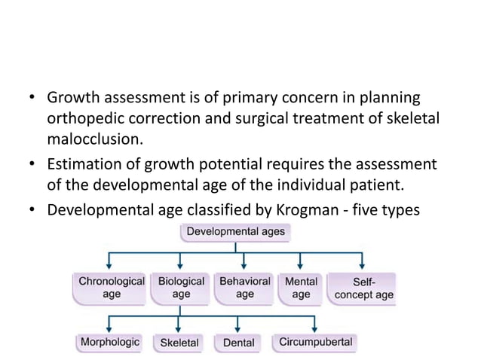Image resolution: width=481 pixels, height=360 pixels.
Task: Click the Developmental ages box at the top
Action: pyautogui.click(x=235, y=231)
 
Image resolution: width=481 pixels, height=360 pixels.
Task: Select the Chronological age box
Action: pyautogui.click(x=112, y=288)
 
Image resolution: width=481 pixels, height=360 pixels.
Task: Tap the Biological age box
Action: pyautogui.click(x=181, y=288)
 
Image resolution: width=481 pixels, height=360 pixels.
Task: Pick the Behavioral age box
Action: pyautogui.click(x=244, y=288)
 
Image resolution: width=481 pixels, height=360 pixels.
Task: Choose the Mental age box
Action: pyautogui.click(x=301, y=288)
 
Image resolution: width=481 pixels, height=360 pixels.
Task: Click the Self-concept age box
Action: pyautogui.click(x=363, y=288)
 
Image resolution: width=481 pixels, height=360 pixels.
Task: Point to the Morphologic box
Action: pyautogui.click(x=110, y=342)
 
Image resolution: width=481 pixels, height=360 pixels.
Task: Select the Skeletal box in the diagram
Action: pyautogui.click(x=179, y=343)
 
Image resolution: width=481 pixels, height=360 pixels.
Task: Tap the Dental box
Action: pyautogui.click(x=238, y=343)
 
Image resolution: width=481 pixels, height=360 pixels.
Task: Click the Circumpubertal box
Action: pyautogui.click(x=315, y=342)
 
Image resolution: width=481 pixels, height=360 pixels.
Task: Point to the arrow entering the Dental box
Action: pyautogui.click(x=238, y=326)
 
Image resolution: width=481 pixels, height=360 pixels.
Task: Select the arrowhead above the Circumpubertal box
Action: pyautogui.click(x=314, y=328)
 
